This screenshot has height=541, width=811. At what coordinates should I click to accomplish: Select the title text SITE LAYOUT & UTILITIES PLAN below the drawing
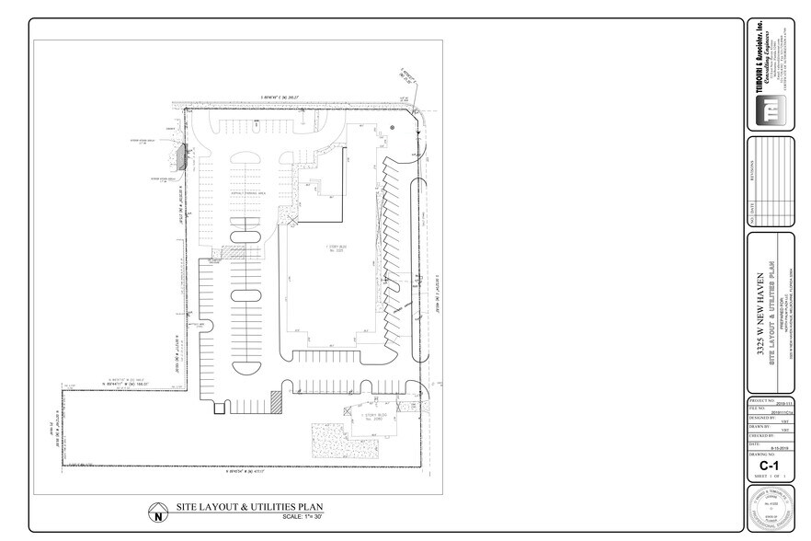(248, 507)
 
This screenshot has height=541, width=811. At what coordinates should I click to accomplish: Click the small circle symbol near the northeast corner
(393, 127)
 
